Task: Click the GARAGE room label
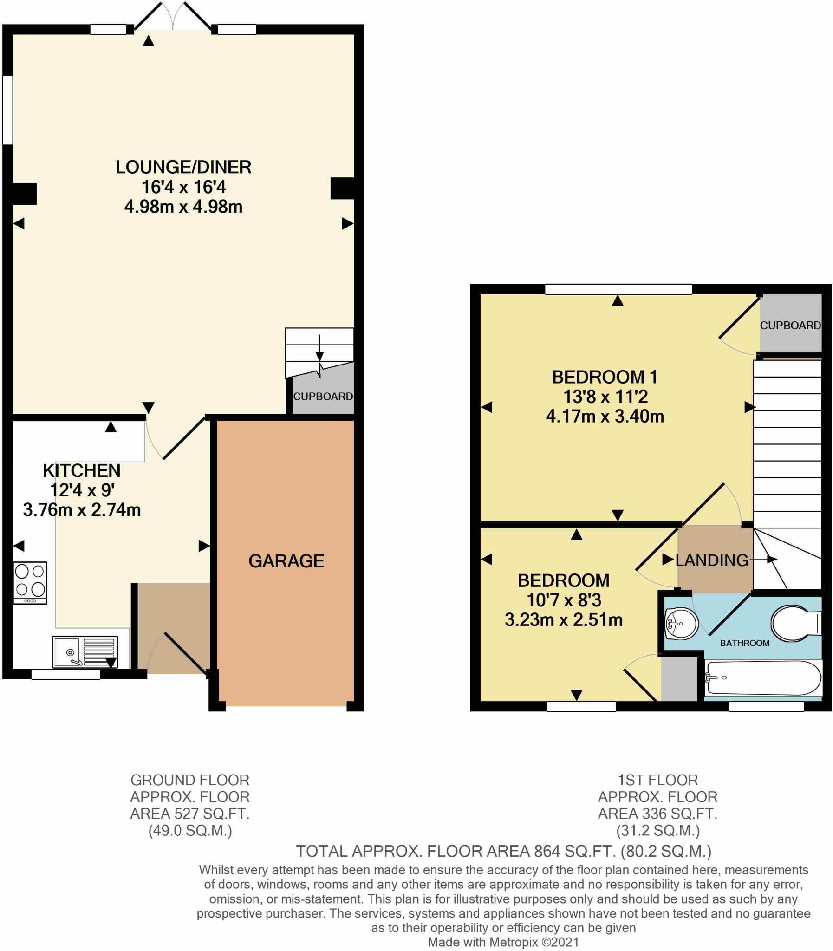coord(286,561)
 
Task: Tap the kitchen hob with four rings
coord(30,582)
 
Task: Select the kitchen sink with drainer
coord(85,651)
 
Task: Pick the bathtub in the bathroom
coord(762,678)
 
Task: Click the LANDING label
coord(712,560)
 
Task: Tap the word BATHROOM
coord(745,643)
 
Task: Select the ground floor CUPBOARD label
coord(323,397)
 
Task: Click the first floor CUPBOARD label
coord(790,326)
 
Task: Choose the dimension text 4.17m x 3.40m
coord(605,417)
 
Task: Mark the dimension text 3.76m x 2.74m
coord(82,510)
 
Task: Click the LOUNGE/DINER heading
coord(183,167)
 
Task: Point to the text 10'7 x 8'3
coord(563,600)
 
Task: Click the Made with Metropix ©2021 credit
coord(503,942)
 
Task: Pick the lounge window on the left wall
coord(7,110)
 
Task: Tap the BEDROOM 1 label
coord(605,377)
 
